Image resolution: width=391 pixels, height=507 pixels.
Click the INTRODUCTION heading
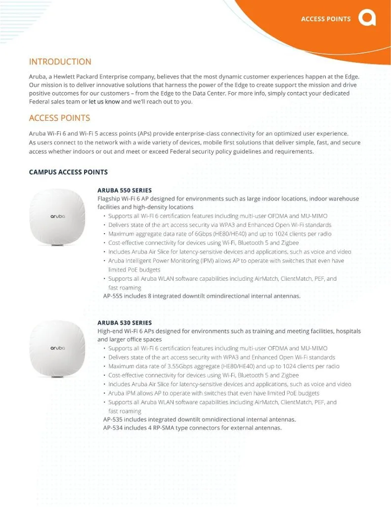[x=60, y=62]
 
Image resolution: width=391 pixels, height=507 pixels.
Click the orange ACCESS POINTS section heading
[x=59, y=118]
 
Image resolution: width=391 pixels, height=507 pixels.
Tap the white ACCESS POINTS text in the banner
[x=326, y=19]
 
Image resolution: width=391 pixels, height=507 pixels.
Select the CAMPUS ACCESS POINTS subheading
[x=68, y=172]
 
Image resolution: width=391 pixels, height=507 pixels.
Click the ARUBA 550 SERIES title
[x=125, y=190]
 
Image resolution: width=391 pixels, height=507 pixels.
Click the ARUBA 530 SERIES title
[x=125, y=323]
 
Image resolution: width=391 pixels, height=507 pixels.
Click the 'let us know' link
[x=104, y=102]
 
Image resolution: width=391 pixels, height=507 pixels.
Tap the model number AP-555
[x=112, y=296]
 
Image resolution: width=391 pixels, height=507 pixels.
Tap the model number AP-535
[x=112, y=419]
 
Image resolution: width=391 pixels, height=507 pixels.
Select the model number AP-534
[x=112, y=428]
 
